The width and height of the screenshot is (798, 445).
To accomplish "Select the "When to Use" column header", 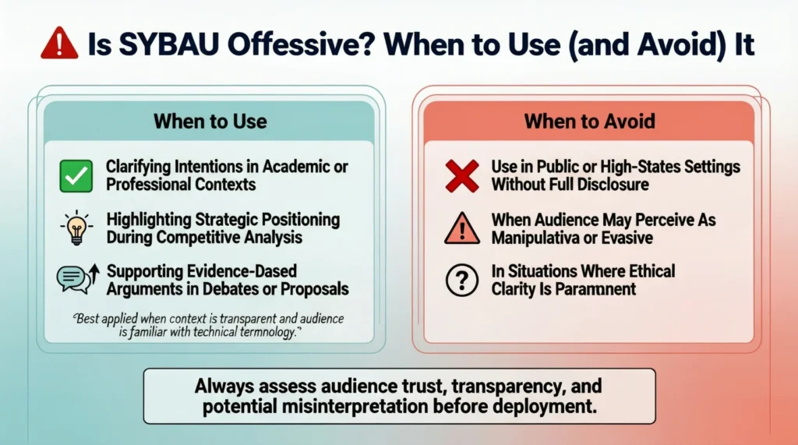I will pos(210,122).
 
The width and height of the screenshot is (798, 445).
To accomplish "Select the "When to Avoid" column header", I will pos(589,122).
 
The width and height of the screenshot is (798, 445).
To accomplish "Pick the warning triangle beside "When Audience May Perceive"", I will pos(461,228).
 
